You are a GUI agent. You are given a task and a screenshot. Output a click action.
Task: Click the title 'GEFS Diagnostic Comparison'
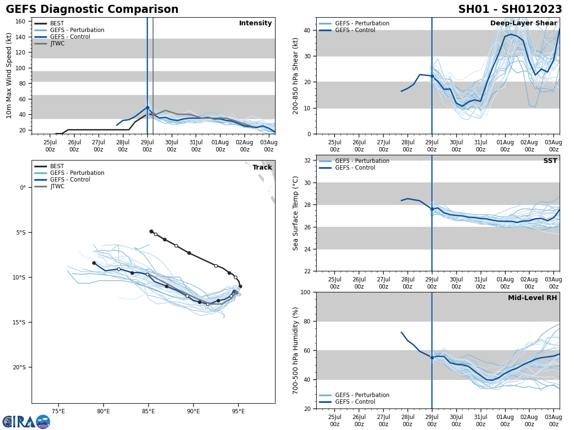(92, 10)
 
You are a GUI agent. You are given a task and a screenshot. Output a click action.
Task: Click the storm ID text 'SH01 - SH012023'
(510, 10)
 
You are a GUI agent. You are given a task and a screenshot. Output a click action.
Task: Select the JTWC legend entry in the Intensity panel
(57, 43)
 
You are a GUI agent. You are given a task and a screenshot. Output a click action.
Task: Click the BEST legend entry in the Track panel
(57, 166)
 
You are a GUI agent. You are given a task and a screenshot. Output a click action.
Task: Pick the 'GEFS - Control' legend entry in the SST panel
(355, 168)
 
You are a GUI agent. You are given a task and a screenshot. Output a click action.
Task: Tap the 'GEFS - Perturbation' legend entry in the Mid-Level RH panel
(362, 395)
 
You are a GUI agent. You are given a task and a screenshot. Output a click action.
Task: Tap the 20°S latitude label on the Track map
(19, 367)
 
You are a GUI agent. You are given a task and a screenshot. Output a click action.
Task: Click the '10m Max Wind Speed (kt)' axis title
(9, 75)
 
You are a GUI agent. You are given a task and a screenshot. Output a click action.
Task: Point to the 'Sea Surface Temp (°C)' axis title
(296, 213)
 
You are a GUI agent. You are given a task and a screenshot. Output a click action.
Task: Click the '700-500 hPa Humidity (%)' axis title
(296, 350)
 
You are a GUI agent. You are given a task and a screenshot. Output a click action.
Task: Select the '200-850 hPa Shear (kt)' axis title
(296, 75)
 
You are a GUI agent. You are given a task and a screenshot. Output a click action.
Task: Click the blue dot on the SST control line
(432, 209)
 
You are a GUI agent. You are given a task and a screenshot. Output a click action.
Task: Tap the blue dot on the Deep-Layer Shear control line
(432, 76)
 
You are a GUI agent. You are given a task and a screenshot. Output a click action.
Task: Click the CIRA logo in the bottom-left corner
(26, 422)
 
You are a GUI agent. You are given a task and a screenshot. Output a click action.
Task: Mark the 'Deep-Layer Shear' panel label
(523, 23)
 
